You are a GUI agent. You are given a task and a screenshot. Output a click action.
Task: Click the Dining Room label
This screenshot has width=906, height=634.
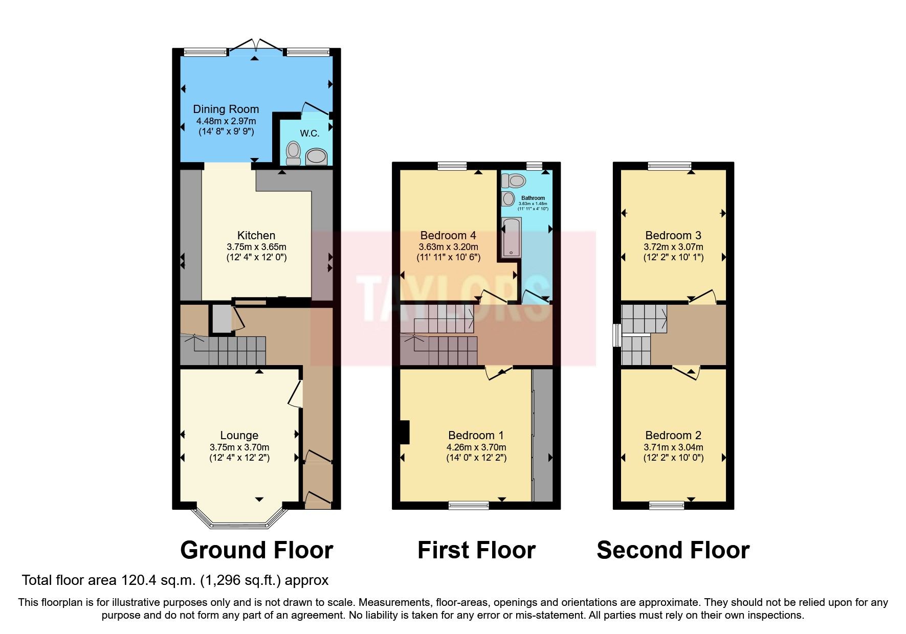tap(226, 109)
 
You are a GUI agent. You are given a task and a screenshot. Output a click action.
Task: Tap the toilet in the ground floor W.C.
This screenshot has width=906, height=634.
tap(293, 152)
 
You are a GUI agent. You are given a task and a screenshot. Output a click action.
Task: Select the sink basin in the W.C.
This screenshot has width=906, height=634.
tap(316, 157)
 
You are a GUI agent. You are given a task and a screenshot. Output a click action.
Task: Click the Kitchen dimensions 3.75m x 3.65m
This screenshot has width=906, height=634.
tap(256, 246)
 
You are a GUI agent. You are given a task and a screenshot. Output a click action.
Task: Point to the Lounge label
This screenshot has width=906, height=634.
tap(239, 435)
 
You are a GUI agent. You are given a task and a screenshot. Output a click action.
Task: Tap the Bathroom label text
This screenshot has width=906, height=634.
tap(533, 198)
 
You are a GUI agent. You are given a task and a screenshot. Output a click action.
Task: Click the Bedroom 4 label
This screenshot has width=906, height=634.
tap(448, 235)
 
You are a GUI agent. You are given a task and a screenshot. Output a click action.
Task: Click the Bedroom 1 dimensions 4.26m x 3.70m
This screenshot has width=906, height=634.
tap(476, 447)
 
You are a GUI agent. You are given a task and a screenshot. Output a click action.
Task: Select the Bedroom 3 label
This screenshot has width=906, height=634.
tap(673, 235)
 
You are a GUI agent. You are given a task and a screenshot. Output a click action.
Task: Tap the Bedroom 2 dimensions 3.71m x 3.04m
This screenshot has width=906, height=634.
tap(673, 447)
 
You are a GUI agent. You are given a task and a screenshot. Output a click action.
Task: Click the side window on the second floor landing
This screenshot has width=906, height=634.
tap(617, 335)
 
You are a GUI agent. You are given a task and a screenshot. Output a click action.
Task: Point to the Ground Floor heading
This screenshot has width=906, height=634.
tap(256, 550)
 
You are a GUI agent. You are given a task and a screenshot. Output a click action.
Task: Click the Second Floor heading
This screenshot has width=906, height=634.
tap(673, 550)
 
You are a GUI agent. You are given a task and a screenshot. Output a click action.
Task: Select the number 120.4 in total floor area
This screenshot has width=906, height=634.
tap(138, 580)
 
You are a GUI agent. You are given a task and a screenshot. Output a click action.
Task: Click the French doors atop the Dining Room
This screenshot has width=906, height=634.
tap(255, 47)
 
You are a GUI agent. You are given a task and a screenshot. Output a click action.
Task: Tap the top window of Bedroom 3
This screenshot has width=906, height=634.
tap(669, 165)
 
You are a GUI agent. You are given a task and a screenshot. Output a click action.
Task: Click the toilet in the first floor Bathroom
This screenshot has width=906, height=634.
tap(514, 180)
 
